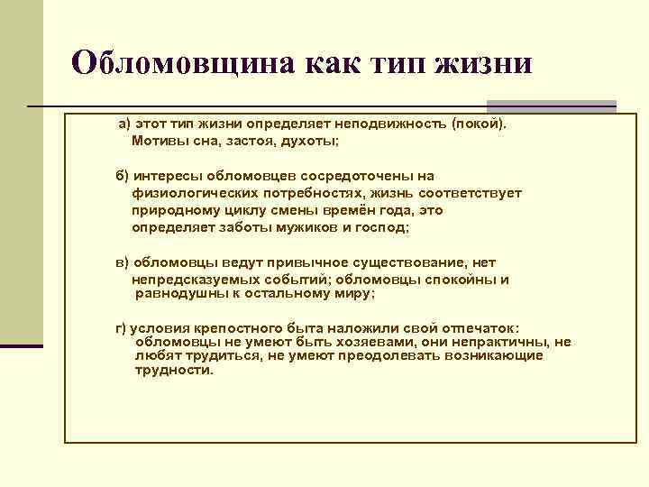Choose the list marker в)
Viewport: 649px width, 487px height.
coord(123,262)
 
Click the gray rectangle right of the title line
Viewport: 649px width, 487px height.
coord(551,106)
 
